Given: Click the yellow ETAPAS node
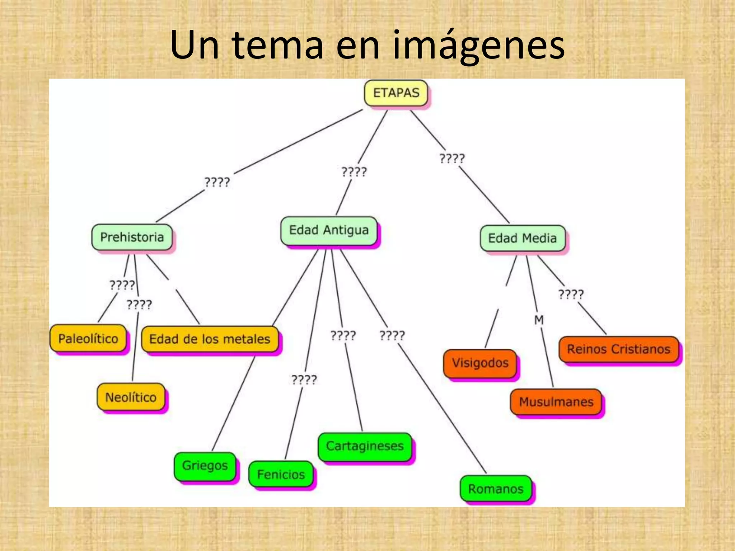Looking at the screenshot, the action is coord(396,93).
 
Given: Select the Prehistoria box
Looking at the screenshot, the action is coord(132,237).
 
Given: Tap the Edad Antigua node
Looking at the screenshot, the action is coord(329,230).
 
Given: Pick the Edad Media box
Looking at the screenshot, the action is coord(522,238).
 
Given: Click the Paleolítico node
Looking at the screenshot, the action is coord(88,338).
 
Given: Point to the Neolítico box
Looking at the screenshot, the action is coord(131,397).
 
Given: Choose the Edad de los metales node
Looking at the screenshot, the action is coord(210,339).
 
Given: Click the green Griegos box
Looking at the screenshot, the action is coord(205,466).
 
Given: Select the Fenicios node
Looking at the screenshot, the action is coord(281,475).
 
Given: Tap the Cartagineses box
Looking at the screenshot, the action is coord(365,446).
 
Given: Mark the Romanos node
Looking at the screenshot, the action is coord(496,489).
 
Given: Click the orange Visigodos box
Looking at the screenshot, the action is coord(480,363).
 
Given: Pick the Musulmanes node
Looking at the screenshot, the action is coord(556,402).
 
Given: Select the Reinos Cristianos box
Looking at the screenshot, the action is coord(618,349).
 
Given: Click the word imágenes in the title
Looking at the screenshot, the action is coord(479,46).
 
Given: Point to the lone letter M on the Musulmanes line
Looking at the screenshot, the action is coord(539,320).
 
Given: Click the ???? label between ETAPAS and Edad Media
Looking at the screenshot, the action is coord(452,158).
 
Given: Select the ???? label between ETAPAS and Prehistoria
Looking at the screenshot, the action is coord(217,182).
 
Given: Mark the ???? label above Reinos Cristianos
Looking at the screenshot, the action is coord(571,295).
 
